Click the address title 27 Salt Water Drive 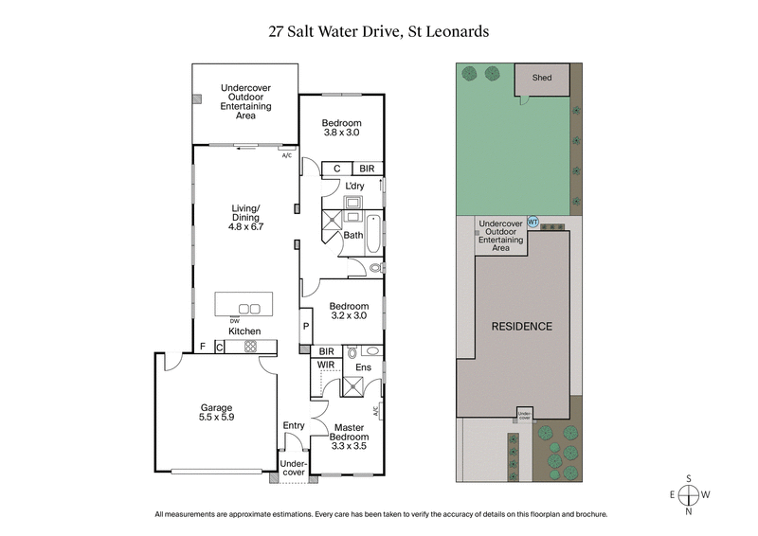pos(378,31)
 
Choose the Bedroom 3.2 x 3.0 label pos(349,312)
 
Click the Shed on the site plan pos(542,79)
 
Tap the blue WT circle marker pos(532,222)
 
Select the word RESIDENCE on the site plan pos(520,326)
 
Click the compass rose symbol pos(689,494)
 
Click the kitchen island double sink pos(249,308)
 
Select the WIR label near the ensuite pos(325,364)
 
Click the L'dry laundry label pos(355,186)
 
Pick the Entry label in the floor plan pos(294,425)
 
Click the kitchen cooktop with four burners pos(251,347)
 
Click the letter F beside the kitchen pos(202,347)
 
